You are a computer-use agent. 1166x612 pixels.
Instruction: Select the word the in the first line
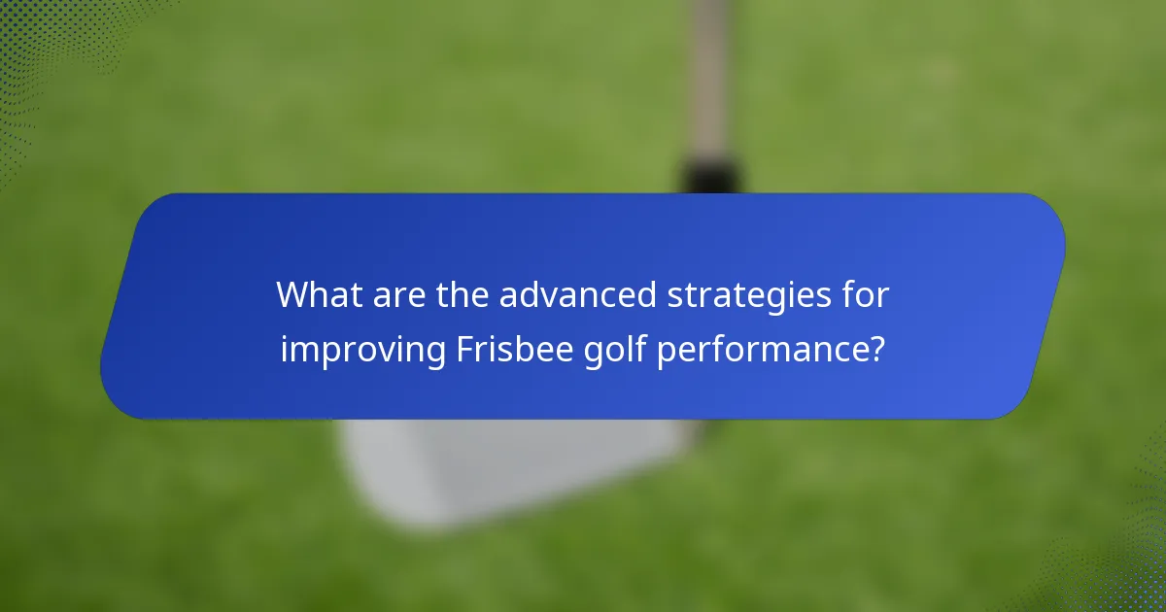456,294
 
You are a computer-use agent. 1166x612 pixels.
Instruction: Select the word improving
362,350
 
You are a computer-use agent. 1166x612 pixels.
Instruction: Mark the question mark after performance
876,348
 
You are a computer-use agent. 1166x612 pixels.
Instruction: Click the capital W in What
293,294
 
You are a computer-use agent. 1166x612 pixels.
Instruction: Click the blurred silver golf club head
505,466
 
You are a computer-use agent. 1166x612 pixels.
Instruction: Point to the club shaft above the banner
708,78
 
